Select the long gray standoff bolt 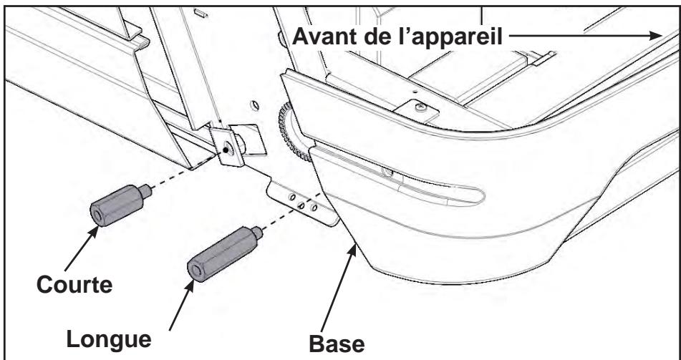coord(221,251)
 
